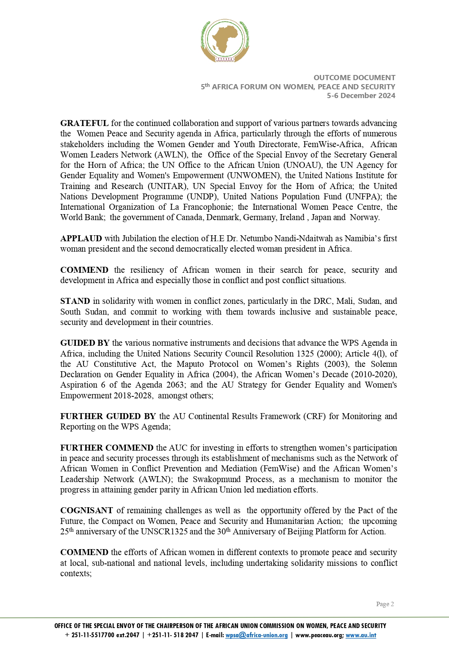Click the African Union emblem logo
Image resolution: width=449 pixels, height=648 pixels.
pyautogui.click(x=225, y=41)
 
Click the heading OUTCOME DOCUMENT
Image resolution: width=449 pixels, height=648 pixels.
pyautogui.click(x=354, y=78)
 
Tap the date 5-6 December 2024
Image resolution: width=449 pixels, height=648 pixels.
pyautogui.click(x=361, y=96)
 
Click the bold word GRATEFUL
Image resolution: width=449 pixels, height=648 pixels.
pyautogui.click(x=84, y=123)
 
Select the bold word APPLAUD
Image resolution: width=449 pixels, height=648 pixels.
pyautogui.click(x=81, y=238)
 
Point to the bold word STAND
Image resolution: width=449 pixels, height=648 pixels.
pyautogui.click(x=75, y=301)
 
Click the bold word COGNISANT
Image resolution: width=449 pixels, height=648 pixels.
pyautogui.click(x=87, y=510)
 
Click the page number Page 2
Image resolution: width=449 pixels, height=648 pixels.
pyautogui.click(x=385, y=604)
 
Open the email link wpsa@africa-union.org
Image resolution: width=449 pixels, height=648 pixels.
pyautogui.click(x=256, y=635)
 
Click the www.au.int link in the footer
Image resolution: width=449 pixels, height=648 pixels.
pyautogui.click(x=361, y=635)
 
